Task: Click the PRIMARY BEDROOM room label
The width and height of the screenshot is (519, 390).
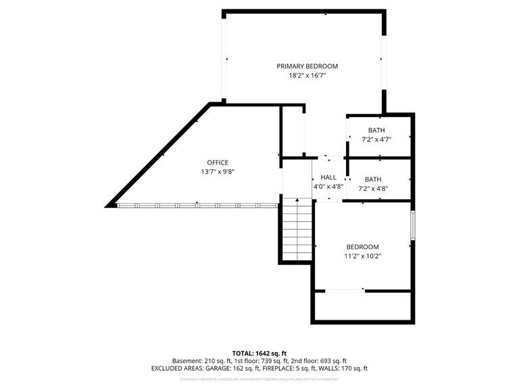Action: tap(307, 66)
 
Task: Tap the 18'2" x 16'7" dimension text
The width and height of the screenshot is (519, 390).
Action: tap(307, 76)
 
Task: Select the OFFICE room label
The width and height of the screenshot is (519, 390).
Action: tap(218, 162)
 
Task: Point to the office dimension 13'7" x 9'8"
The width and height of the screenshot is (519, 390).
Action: tap(218, 172)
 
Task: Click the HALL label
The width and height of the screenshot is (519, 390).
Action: tap(328, 177)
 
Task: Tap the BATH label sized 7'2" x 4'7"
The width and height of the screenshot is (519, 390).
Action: tap(376, 130)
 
